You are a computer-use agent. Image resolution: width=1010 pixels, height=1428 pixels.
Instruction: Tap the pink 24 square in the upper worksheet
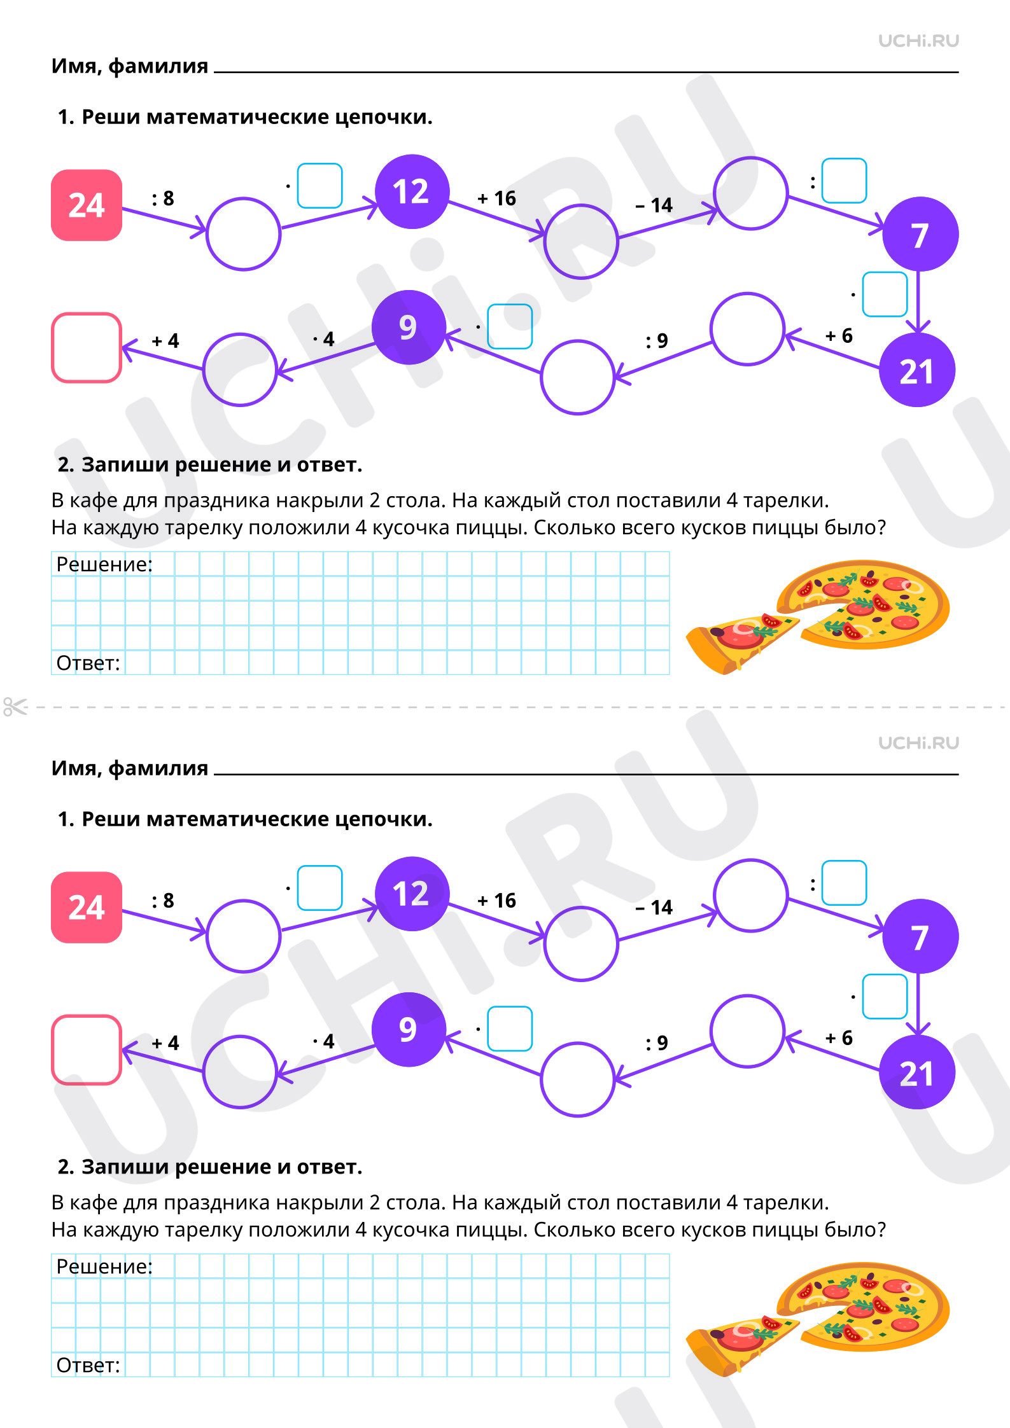[87, 205]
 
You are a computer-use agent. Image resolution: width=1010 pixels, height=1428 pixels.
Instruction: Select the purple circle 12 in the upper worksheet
[412, 191]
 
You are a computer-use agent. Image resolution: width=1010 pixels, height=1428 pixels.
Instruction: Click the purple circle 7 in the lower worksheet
[920, 936]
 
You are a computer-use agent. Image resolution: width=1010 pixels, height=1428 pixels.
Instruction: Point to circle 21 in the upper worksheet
[916, 370]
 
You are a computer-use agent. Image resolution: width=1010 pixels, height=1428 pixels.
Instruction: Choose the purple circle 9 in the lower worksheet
[409, 1029]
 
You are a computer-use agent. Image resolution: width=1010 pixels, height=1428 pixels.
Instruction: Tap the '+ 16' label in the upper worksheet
[497, 198]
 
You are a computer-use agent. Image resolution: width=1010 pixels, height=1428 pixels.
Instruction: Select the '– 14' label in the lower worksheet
[654, 907]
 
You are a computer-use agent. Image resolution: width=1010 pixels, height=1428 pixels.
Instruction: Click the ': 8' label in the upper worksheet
[163, 198]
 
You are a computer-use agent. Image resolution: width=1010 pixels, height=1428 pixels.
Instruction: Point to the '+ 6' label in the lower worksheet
[839, 1038]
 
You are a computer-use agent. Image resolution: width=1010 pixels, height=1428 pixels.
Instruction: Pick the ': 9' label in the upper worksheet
[657, 341]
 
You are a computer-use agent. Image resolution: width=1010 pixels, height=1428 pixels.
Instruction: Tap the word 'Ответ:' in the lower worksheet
[88, 1365]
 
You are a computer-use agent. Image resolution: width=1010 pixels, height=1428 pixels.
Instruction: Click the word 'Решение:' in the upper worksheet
[104, 564]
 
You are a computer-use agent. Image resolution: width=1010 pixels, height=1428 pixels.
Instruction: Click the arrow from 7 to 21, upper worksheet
[918, 302]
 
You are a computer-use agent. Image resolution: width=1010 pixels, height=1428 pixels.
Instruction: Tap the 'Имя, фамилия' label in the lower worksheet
[130, 768]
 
